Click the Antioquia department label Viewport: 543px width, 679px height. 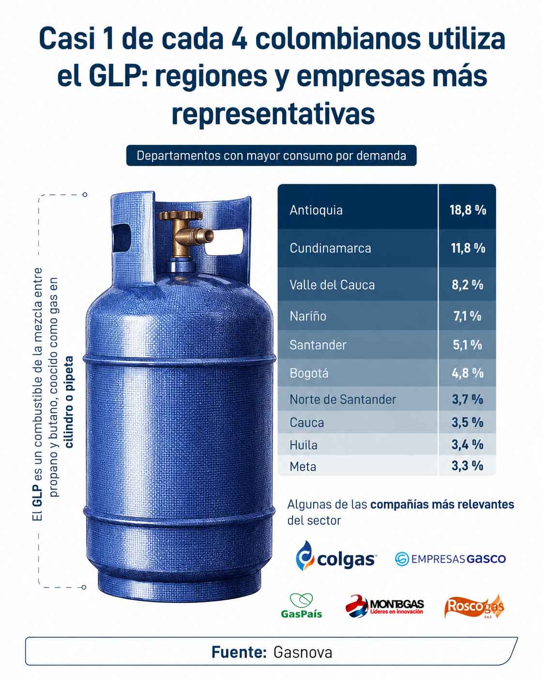point(316,210)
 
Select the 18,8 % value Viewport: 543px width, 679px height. point(468,210)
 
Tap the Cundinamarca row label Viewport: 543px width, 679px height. point(330,248)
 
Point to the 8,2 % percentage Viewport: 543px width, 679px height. point(468,285)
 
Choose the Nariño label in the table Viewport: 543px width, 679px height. point(308,316)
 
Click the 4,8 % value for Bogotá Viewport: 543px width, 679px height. point(468,373)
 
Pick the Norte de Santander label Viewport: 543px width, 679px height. point(343,400)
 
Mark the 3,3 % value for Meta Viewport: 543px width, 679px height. point(468,466)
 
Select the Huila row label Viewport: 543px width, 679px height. point(303,445)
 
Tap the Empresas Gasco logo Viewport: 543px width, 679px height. point(450,559)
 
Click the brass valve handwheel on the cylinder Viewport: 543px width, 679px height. point(181,215)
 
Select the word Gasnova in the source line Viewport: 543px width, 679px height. point(303,652)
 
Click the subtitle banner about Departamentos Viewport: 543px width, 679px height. point(271,155)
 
